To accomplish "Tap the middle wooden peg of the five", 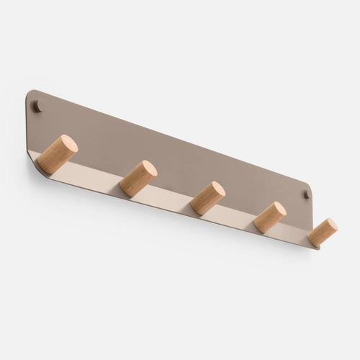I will (208, 198).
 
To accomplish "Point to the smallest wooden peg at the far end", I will (322, 232).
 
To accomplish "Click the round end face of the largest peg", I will (68, 145).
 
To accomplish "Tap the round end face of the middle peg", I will (217, 191).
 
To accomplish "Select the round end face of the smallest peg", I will (330, 226).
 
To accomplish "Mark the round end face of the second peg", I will (148, 171).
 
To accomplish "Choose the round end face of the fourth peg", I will (278, 211).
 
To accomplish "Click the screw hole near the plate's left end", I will (37, 107).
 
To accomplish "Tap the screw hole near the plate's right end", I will (306, 194).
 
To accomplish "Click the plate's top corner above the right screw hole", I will (310, 184).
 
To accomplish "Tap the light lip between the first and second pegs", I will (97, 176).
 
